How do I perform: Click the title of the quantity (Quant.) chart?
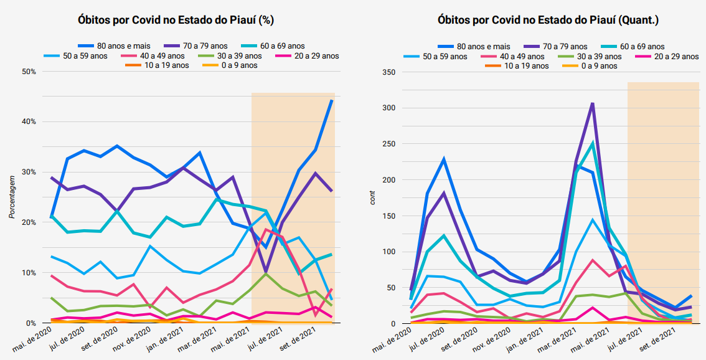(x=548, y=20)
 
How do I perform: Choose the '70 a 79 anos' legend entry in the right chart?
(x=561, y=46)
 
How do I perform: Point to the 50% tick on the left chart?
(x=28, y=72)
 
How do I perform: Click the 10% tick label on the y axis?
(x=28, y=273)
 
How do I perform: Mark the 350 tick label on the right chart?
(x=389, y=72)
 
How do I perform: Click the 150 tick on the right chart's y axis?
(x=389, y=216)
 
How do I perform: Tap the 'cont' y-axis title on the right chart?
(x=373, y=197)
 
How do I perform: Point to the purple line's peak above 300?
(x=593, y=103)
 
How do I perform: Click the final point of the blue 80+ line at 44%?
(x=332, y=100)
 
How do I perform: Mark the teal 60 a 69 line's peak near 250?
(x=593, y=143)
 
